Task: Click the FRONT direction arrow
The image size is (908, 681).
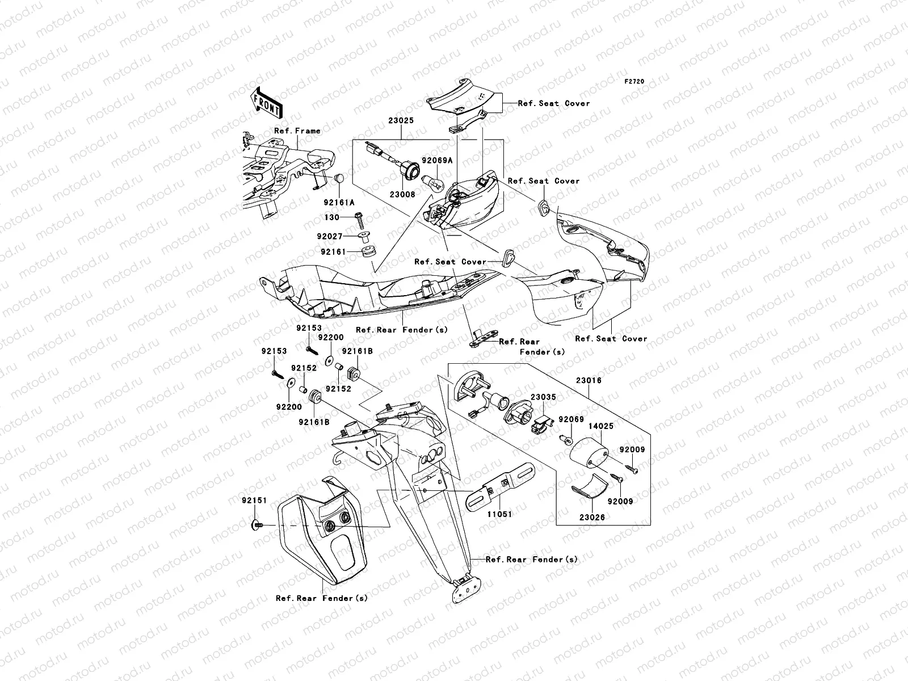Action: (x=267, y=103)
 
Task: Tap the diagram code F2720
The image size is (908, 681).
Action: (x=634, y=82)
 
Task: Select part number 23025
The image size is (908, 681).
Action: (x=401, y=120)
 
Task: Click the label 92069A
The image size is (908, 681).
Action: (x=437, y=161)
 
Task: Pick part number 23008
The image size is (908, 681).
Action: (x=402, y=194)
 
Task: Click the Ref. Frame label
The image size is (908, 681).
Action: (x=297, y=131)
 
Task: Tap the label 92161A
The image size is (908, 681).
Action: (x=339, y=203)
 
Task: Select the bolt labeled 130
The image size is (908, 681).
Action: (x=360, y=221)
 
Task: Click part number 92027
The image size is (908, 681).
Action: (x=330, y=237)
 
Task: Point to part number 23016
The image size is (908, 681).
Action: (x=588, y=380)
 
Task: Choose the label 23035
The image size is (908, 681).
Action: (x=543, y=397)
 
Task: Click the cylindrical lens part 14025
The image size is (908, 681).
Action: (x=589, y=452)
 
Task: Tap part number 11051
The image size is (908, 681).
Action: (x=499, y=514)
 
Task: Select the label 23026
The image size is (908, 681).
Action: (x=592, y=517)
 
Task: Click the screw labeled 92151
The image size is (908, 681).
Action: (x=257, y=525)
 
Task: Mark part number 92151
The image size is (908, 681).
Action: (x=254, y=501)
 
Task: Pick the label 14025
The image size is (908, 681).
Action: (x=601, y=426)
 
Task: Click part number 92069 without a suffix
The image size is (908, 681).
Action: (x=571, y=419)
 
